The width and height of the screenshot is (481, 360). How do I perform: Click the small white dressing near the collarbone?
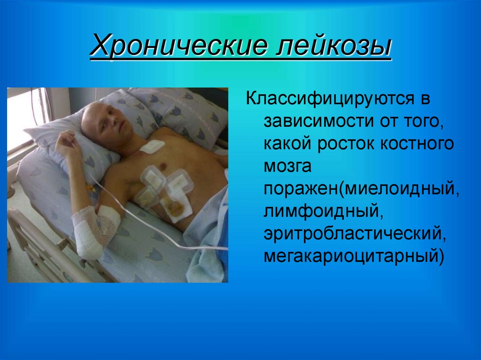(151, 147)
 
